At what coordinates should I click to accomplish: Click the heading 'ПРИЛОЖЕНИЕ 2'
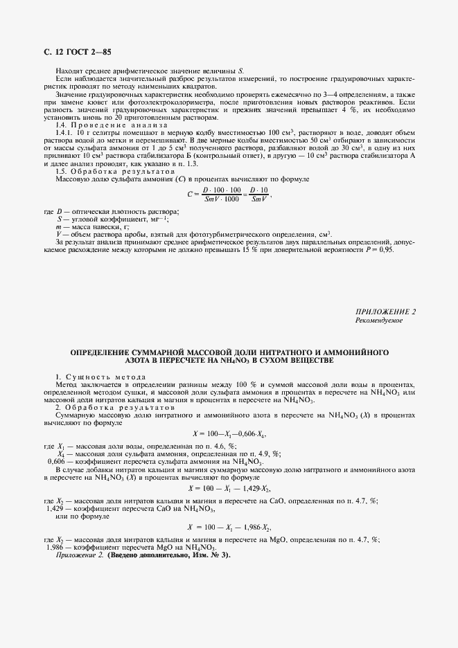[x=385, y=312]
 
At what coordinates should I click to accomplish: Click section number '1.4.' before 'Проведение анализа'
[x=62, y=125]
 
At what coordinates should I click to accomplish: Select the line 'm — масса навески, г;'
[x=92, y=226]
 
